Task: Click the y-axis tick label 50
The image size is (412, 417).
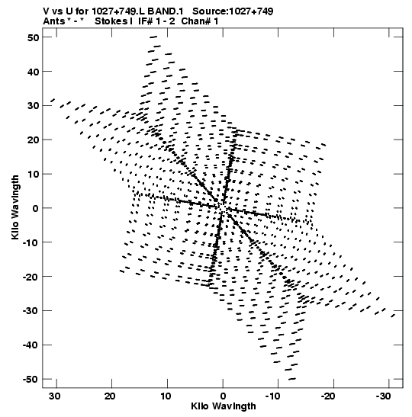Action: (34, 37)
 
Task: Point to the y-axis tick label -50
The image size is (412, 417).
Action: (31, 379)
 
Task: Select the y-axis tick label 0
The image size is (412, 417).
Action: (36, 208)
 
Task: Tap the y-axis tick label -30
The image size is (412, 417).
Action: (31, 310)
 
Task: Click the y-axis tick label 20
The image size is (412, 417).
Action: (34, 140)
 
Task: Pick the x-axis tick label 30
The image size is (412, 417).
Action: (55, 396)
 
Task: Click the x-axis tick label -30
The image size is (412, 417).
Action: (383, 396)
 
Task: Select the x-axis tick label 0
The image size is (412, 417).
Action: (223, 396)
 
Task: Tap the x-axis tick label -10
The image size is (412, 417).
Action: (272, 396)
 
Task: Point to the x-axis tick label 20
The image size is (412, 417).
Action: (110, 396)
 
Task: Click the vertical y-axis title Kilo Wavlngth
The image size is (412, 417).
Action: (15, 207)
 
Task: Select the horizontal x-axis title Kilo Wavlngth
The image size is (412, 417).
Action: (224, 406)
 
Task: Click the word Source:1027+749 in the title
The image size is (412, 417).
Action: (233, 11)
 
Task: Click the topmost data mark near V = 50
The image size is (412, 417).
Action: (153, 37)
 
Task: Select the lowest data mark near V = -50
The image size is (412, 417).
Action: (292, 379)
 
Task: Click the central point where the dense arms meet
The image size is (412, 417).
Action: (221, 207)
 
